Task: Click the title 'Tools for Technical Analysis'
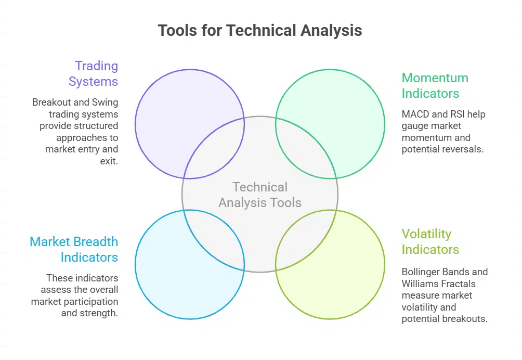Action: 260,30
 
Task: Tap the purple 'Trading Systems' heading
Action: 94,74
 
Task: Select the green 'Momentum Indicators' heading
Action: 435,86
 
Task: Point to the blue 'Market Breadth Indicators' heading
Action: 74,250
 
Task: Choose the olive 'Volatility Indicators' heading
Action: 430,242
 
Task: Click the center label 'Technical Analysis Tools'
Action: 260,195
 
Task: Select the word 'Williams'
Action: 420,284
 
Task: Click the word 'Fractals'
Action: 457,284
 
